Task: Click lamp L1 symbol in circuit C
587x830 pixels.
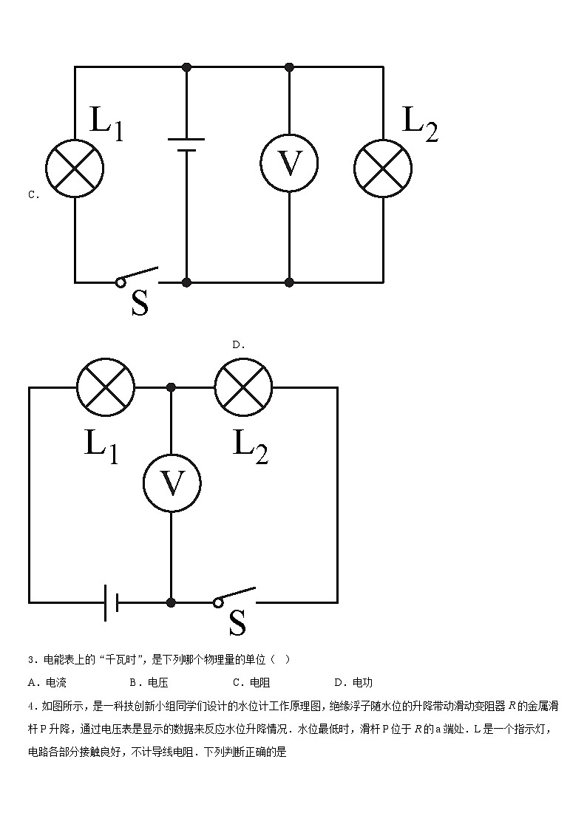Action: click(x=75, y=168)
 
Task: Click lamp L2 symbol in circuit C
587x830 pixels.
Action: click(x=383, y=168)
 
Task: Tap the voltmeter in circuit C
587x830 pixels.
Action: click(x=289, y=163)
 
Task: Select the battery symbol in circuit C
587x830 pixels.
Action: click(x=186, y=144)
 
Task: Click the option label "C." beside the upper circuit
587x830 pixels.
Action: click(x=33, y=195)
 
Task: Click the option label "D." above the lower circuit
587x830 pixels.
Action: click(x=238, y=344)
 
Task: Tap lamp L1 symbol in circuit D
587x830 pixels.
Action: click(x=106, y=387)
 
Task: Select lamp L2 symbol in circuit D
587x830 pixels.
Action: click(x=243, y=387)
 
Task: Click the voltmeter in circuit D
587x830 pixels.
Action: click(x=172, y=483)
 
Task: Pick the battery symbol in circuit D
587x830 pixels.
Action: click(x=112, y=603)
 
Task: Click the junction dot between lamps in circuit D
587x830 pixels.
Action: click(x=172, y=387)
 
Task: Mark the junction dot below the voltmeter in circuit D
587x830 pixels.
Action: click(x=172, y=603)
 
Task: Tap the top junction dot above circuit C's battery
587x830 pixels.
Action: click(x=186, y=67)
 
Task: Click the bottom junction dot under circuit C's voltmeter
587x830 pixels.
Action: click(x=289, y=282)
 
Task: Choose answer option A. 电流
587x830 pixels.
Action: click(x=47, y=682)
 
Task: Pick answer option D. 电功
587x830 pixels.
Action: click(x=353, y=682)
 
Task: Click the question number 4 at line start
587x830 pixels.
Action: click(x=30, y=706)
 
